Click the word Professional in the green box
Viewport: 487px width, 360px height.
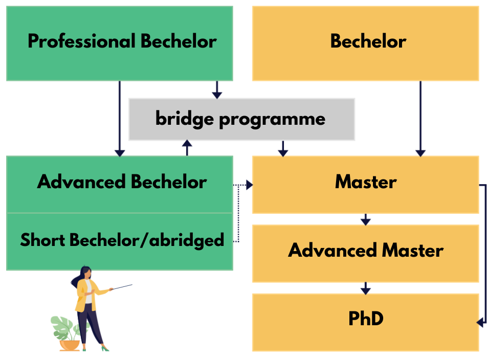[82, 41]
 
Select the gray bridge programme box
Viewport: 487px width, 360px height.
[241, 120]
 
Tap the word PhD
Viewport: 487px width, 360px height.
[366, 319]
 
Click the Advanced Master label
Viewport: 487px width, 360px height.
[366, 250]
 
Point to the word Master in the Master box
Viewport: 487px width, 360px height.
[366, 182]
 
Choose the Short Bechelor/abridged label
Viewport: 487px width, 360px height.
[122, 240]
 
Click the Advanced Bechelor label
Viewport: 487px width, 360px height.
[122, 182]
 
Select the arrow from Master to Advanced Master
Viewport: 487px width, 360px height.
[366, 219]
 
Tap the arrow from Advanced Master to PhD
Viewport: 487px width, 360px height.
[366, 288]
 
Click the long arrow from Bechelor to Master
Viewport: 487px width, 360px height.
[420, 119]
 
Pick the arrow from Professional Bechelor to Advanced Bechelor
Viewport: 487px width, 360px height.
[120, 119]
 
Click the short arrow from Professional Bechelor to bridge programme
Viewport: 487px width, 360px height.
[217, 90]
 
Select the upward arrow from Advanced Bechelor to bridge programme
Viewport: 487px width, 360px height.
[187, 148]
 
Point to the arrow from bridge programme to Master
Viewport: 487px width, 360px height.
[283, 149]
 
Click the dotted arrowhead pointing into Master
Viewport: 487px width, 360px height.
[250, 185]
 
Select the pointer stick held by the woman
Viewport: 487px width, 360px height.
[121, 287]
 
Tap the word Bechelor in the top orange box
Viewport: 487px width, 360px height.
[368, 41]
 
